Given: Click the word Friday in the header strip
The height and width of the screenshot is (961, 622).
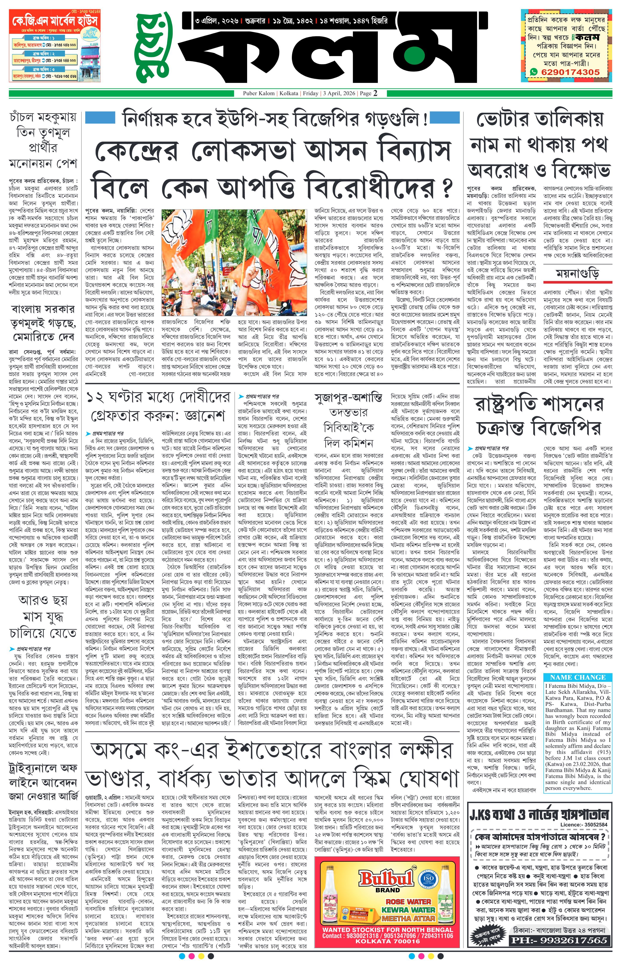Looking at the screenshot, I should pos(311,94).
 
